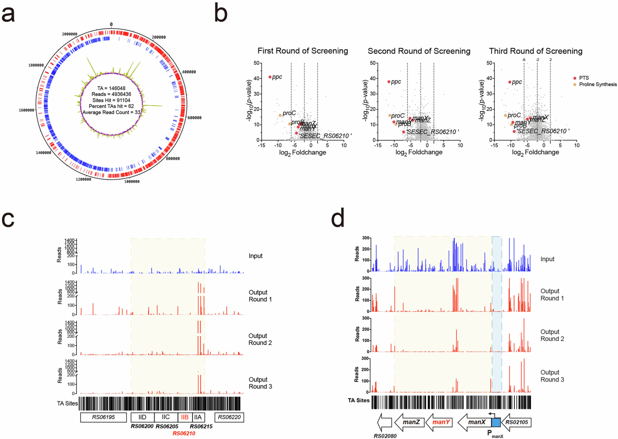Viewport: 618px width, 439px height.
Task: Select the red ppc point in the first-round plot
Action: click(x=270, y=77)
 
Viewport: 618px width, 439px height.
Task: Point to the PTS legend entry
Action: click(x=584, y=78)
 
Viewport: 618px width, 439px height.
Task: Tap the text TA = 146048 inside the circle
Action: click(x=111, y=88)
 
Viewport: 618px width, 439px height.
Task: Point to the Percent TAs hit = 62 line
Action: click(x=111, y=106)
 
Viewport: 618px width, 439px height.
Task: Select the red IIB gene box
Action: click(x=185, y=417)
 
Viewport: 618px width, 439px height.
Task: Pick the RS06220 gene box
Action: click(x=229, y=417)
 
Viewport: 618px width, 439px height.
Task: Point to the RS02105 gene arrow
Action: click(x=516, y=422)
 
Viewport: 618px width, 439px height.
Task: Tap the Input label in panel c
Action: click(x=255, y=256)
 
